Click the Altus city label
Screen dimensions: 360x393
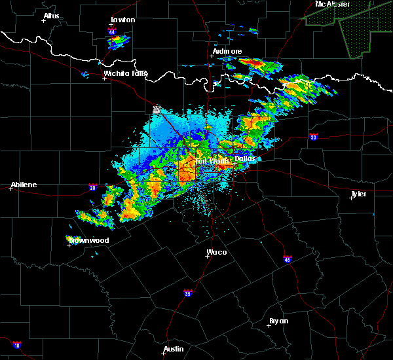[x=51, y=16]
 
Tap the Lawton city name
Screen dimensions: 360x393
[x=122, y=20]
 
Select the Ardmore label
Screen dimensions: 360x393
[x=227, y=51]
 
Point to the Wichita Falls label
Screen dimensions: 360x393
[x=125, y=73]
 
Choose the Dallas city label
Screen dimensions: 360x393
[x=246, y=158]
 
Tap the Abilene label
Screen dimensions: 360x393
[x=23, y=185]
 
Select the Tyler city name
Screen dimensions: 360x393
[x=358, y=194]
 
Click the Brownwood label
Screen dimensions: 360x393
[x=88, y=240]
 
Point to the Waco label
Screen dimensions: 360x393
[x=217, y=251]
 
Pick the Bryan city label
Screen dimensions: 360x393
[x=278, y=321]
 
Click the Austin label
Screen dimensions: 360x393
[x=174, y=349]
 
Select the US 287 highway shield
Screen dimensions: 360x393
[x=156, y=109]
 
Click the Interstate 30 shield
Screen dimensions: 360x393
[x=314, y=137]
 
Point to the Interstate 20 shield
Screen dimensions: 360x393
[x=92, y=187]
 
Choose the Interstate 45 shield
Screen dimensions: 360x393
[x=288, y=260]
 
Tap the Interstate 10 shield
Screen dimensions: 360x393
[x=16, y=345]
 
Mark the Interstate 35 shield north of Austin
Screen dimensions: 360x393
[x=188, y=293]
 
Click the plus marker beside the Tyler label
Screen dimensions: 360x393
[x=351, y=198]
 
